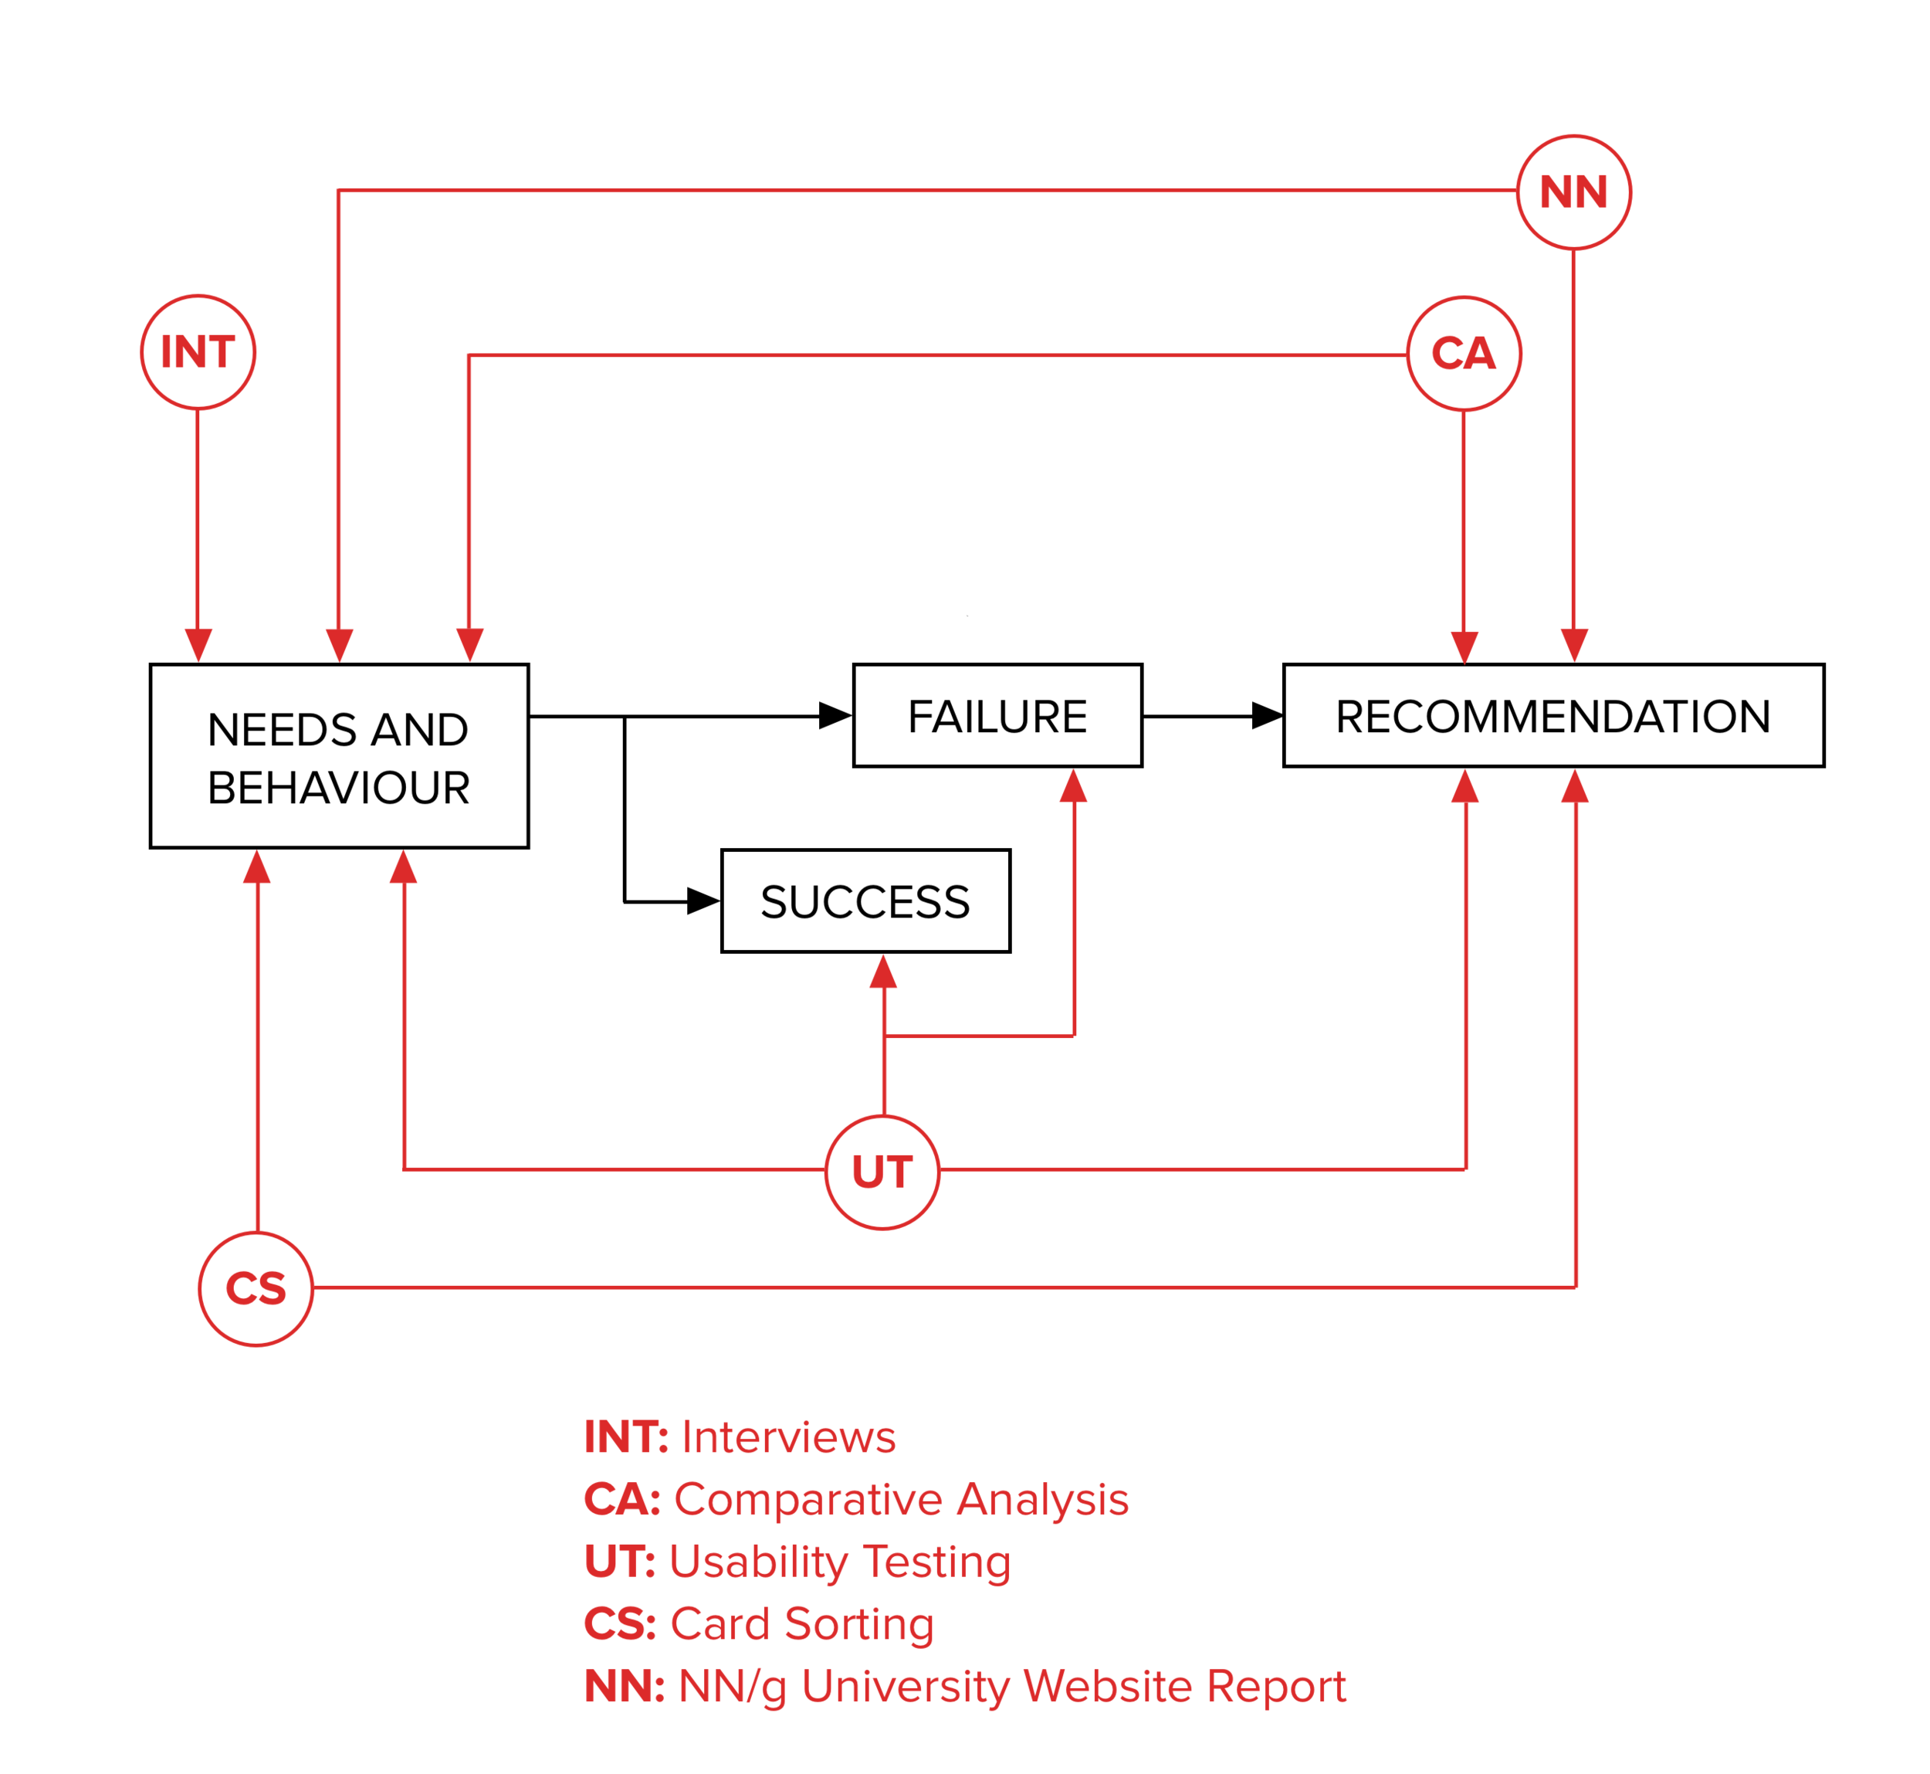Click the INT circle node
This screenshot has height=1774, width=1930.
tap(198, 352)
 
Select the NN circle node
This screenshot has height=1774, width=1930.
tap(1574, 192)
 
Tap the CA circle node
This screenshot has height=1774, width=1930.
tap(1464, 353)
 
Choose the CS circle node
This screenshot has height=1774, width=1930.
tap(256, 1288)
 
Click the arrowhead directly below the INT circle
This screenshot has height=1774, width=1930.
tap(198, 645)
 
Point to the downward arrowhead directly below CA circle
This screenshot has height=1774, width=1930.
tap(1464, 647)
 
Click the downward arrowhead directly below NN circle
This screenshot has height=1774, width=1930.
tap(1574, 645)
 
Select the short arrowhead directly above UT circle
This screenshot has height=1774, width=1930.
tap(883, 972)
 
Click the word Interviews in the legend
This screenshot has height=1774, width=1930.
tap(789, 1438)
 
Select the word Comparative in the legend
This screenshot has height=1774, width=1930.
tap(808, 1501)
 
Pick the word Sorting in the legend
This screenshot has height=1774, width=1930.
tap(859, 1624)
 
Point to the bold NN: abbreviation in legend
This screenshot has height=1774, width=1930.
tap(625, 1687)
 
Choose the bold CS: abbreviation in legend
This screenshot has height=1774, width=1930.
tap(620, 1624)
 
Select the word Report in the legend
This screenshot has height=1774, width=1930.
tap(1276, 1687)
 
